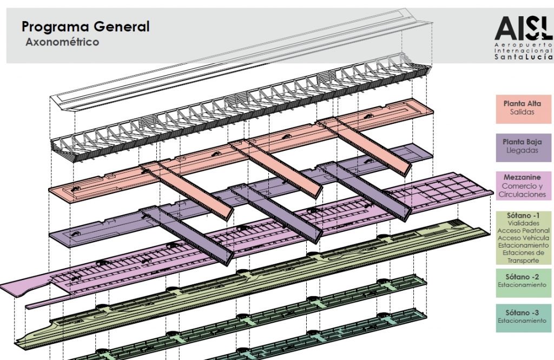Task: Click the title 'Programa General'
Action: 85,26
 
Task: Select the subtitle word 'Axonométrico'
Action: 62,42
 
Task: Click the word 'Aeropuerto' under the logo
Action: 523,43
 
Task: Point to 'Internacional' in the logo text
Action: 523,50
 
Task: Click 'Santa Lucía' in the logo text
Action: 523,57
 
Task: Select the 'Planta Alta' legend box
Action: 522,108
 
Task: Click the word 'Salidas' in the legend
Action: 522,112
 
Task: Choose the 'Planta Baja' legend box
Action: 522,146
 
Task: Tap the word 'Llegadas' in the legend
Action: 522,151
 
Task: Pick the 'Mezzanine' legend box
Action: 522,185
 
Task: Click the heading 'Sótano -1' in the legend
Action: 523,216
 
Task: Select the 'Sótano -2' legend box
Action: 522,282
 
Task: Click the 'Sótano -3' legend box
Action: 522,317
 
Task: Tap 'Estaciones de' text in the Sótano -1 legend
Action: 523,253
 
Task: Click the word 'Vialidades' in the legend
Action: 523,223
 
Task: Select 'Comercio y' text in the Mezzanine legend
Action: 523,186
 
